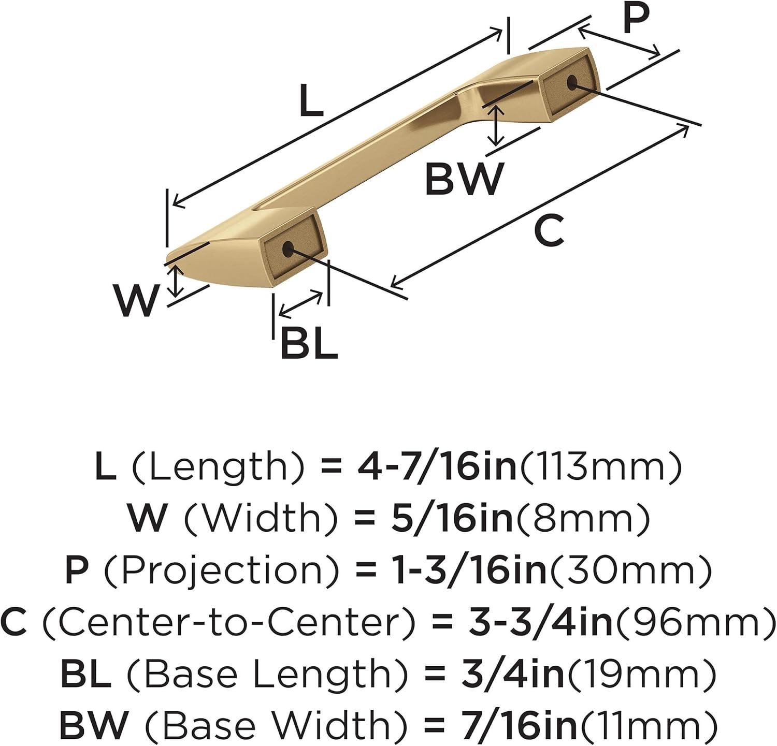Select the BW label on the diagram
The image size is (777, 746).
coord(464,178)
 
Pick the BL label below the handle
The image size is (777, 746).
coord(309,342)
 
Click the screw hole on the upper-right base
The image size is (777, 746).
coord(572,82)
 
